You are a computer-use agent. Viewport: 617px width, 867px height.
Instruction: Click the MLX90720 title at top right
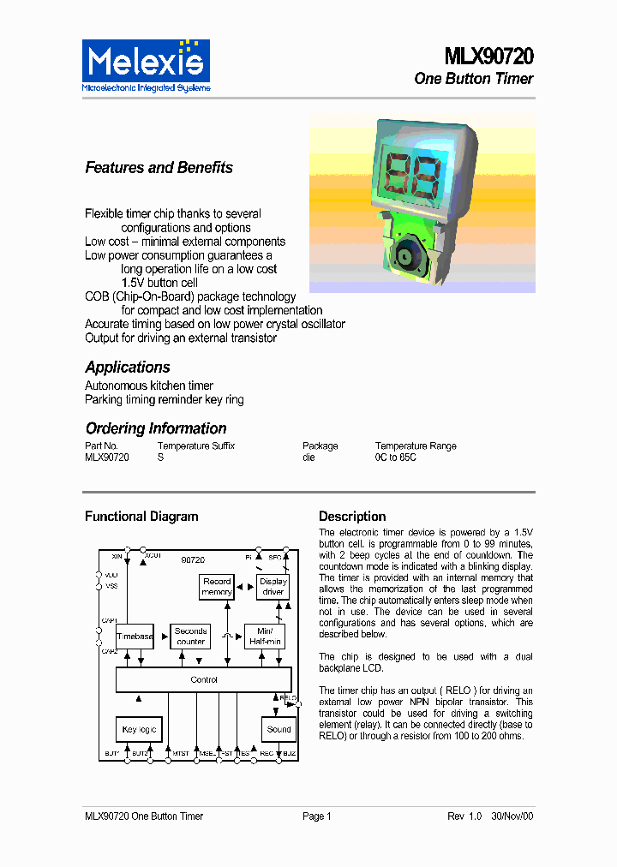pyautogui.click(x=488, y=57)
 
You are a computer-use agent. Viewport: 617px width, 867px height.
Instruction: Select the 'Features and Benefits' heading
pyautogui.click(x=159, y=168)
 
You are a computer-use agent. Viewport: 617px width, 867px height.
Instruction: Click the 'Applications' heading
pyautogui.click(x=128, y=368)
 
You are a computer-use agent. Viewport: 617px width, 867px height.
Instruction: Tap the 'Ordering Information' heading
pyautogui.click(x=156, y=428)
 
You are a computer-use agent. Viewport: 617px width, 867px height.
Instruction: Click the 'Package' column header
pyautogui.click(x=320, y=445)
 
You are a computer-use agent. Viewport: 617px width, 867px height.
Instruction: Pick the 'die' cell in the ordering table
pyautogui.click(x=308, y=457)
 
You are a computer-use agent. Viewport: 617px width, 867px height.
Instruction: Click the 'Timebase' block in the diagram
pyautogui.click(x=135, y=637)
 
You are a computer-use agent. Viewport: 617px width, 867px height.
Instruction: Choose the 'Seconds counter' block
pyautogui.click(x=190, y=636)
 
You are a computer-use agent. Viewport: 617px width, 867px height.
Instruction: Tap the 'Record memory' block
pyautogui.click(x=217, y=587)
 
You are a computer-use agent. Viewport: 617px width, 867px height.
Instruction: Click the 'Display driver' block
pyautogui.click(x=273, y=587)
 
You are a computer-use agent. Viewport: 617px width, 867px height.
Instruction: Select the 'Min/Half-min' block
pyautogui.click(x=264, y=636)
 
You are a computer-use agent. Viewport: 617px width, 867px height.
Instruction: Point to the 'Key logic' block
pyautogui.click(x=139, y=729)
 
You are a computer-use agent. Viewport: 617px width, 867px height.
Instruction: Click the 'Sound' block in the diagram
pyautogui.click(x=279, y=729)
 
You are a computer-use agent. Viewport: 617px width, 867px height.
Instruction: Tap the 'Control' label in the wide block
pyautogui.click(x=204, y=679)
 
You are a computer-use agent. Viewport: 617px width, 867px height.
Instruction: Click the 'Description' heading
pyautogui.click(x=352, y=517)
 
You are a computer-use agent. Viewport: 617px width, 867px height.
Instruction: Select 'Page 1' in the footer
pyautogui.click(x=316, y=816)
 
